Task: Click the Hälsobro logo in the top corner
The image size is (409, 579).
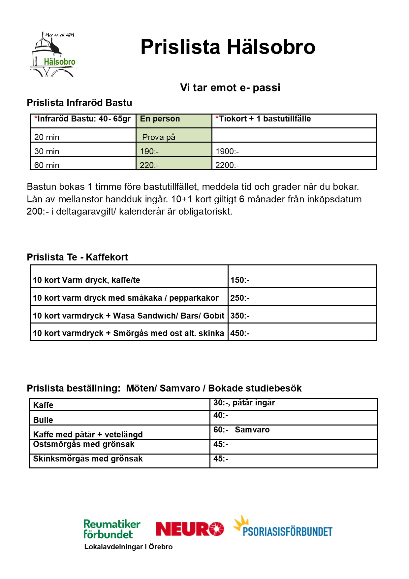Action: [x=54, y=54]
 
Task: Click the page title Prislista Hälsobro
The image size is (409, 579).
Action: [x=228, y=47]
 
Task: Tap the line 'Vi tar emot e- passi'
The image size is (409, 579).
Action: [x=230, y=87]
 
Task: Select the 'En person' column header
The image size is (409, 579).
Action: [x=160, y=119]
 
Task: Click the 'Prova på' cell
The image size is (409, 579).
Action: [x=159, y=137]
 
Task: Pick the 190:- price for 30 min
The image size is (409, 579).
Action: [x=149, y=151]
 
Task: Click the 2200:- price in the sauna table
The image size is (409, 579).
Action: [x=227, y=165]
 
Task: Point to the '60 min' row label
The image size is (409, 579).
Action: [x=47, y=165]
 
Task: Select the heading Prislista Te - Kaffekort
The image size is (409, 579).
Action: [x=77, y=257]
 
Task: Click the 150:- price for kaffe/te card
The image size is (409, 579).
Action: [x=240, y=280]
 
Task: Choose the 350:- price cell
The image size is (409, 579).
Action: [x=240, y=316]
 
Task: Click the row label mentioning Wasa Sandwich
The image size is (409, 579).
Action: [x=129, y=316]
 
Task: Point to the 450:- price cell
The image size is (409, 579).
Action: [x=240, y=333]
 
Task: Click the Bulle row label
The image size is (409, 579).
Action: [x=43, y=420]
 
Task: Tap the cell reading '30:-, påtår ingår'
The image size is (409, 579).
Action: [x=244, y=403]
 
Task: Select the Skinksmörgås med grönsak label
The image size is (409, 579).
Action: [x=88, y=459]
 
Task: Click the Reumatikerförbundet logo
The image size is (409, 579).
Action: [x=111, y=529]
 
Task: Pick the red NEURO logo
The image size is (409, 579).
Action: [x=190, y=529]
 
